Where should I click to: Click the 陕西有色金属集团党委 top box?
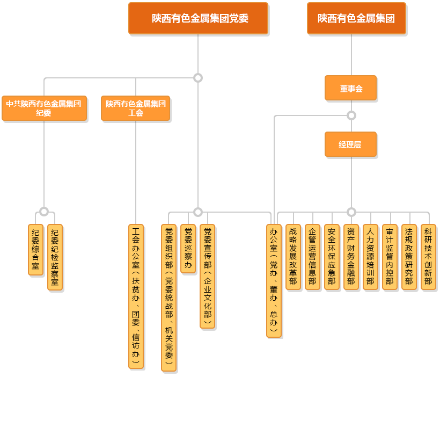[x=198, y=18]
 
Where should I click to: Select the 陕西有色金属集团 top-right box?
[x=356, y=18]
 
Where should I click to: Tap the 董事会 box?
[x=351, y=88]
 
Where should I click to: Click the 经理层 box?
[x=351, y=144]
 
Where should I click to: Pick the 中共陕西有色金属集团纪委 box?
[x=44, y=108]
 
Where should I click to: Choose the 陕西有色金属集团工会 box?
[x=136, y=108]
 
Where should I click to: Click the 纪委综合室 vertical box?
[x=35, y=250]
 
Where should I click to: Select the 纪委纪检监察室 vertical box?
[x=55, y=257]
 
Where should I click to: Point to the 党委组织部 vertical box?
[x=168, y=298]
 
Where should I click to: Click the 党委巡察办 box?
[x=188, y=249]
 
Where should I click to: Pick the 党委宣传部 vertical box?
[x=207, y=276]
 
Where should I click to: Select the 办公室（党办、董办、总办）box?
[x=274, y=281]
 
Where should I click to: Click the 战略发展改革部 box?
[x=293, y=257]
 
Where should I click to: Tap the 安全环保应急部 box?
[x=332, y=257]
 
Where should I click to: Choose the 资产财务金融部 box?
[x=351, y=257]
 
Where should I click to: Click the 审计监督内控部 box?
[x=390, y=257]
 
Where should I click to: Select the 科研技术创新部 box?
[x=428, y=257]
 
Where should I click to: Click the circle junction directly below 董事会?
[x=351, y=115]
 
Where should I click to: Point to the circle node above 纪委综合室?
[x=44, y=212]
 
